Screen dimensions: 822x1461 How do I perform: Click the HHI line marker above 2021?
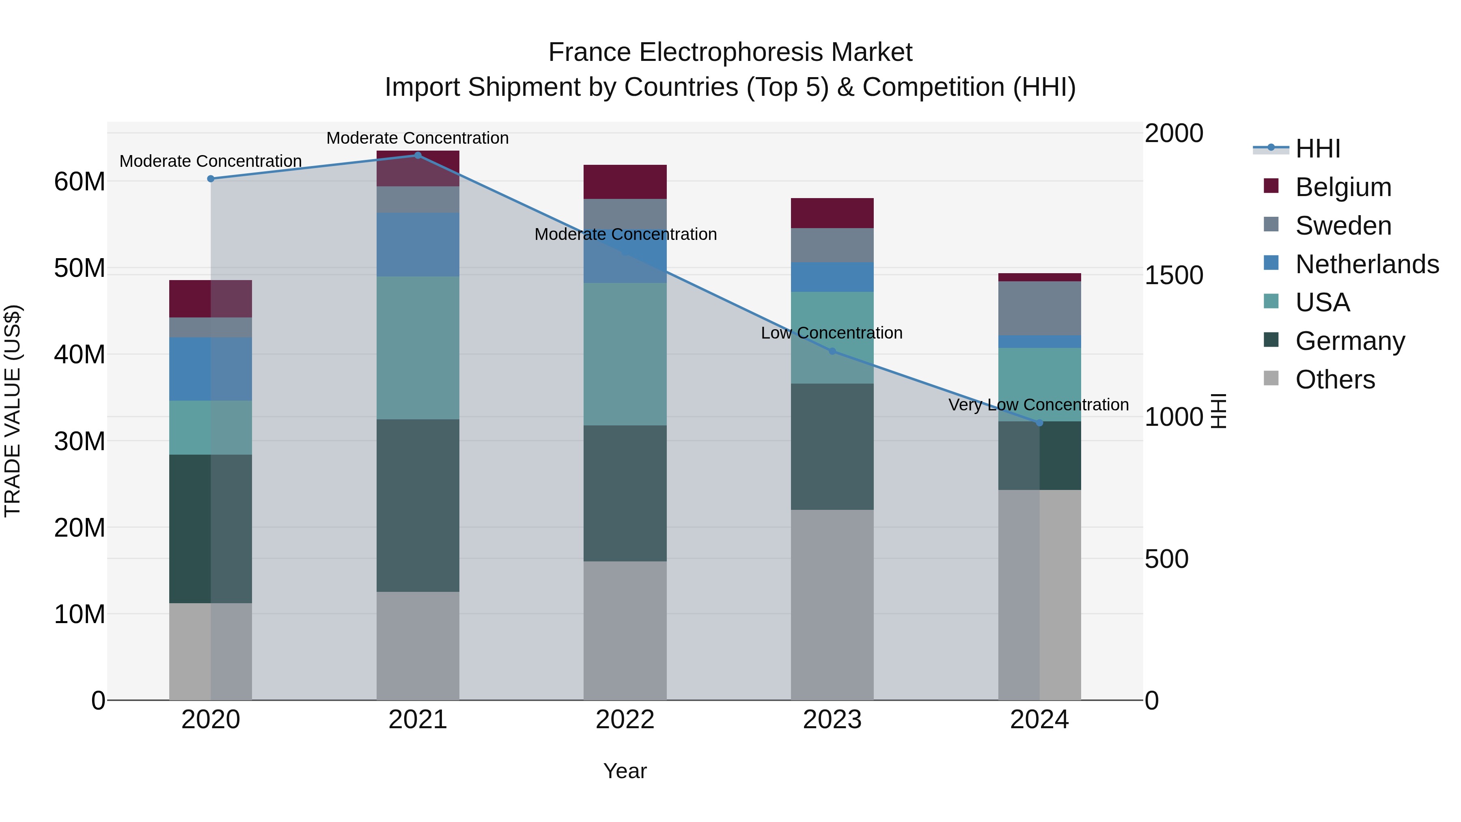point(418,155)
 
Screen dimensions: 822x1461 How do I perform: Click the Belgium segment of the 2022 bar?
point(625,182)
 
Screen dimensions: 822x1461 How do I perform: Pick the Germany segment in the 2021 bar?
point(418,505)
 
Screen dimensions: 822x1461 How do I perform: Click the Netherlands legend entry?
point(1367,264)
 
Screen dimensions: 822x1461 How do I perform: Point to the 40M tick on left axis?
point(80,354)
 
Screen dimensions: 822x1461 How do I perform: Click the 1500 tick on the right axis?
point(1173,275)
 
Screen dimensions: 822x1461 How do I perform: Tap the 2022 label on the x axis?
point(625,720)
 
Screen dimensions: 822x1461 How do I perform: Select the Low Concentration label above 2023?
point(832,333)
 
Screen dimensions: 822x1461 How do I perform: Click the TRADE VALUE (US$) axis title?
point(13,411)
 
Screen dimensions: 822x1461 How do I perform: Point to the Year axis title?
point(625,771)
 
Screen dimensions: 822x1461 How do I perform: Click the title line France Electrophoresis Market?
point(730,52)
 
